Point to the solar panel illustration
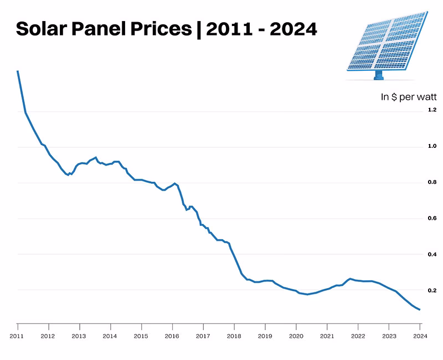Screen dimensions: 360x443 [387, 42]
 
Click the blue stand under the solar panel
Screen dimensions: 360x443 [379, 75]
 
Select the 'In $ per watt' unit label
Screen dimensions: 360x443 [409, 97]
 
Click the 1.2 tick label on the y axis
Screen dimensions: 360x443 [432, 110]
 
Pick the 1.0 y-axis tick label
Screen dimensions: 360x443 [432, 147]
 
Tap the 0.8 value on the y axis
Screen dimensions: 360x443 [432, 182]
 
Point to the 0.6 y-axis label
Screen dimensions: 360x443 [432, 218]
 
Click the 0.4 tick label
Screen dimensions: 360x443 [432, 254]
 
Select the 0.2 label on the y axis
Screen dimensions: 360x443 [432, 290]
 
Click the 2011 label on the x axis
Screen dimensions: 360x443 [17, 336]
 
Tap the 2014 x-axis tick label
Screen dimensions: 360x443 [110, 336]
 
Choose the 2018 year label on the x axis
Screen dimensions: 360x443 [234, 336]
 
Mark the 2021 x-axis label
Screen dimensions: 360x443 [327, 336]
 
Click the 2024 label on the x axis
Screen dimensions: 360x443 [419, 336]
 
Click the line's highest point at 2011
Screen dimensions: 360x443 [18, 71]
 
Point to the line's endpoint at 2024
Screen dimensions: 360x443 [420, 310]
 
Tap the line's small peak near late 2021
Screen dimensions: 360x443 [350, 279]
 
